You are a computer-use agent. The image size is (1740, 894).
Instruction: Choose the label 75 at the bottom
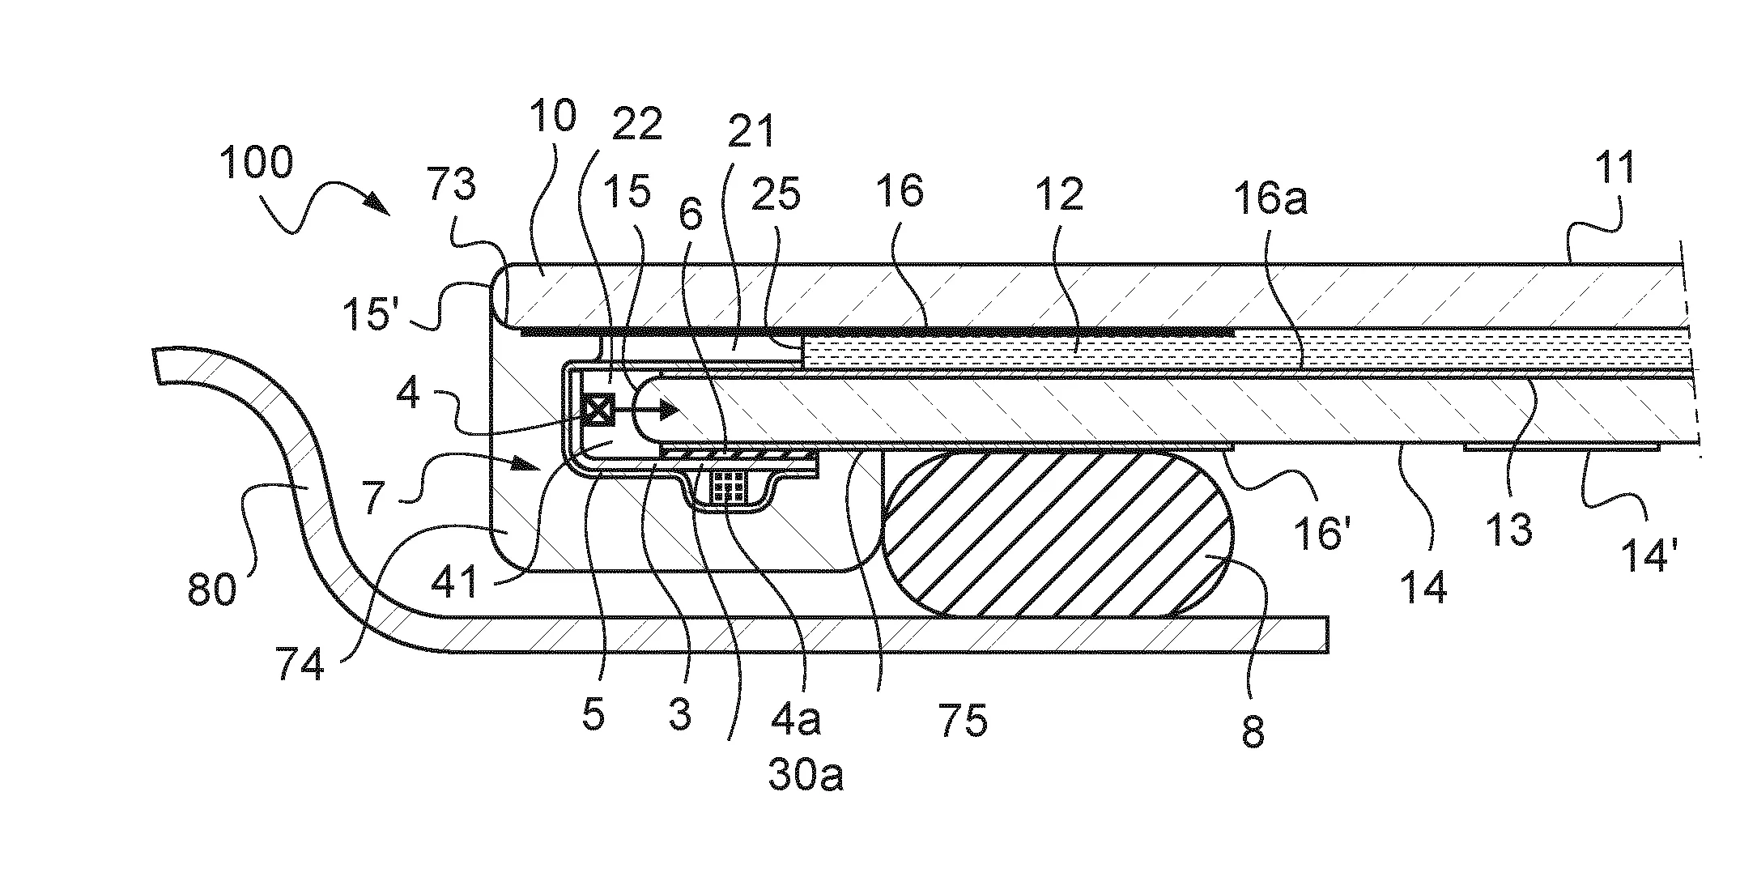pos(964,719)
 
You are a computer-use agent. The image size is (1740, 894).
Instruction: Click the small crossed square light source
pos(600,410)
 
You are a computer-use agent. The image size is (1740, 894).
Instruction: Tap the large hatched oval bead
pos(1057,535)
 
